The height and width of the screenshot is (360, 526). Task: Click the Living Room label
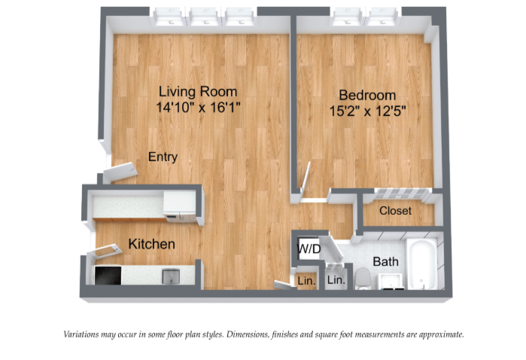(x=198, y=91)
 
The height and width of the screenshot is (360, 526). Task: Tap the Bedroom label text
(x=367, y=95)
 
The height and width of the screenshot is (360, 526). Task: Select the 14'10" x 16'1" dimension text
(x=198, y=108)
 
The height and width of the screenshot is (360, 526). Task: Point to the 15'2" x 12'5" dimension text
(x=368, y=111)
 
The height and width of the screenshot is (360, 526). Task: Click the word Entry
(x=163, y=157)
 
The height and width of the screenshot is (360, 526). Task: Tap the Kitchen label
(x=151, y=244)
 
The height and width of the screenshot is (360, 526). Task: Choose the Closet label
(x=396, y=211)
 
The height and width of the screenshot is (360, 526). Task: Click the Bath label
(x=386, y=261)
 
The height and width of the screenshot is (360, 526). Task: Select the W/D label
(x=309, y=249)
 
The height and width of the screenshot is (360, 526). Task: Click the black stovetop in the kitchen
(x=108, y=276)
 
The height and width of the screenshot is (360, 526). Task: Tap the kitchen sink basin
(x=171, y=276)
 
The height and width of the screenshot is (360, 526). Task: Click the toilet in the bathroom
(x=363, y=279)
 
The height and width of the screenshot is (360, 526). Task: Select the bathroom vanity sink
(x=391, y=281)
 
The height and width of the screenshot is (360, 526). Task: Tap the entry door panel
(x=120, y=172)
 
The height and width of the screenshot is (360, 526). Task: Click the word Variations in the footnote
(x=81, y=334)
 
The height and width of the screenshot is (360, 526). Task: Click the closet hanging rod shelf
(x=401, y=194)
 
